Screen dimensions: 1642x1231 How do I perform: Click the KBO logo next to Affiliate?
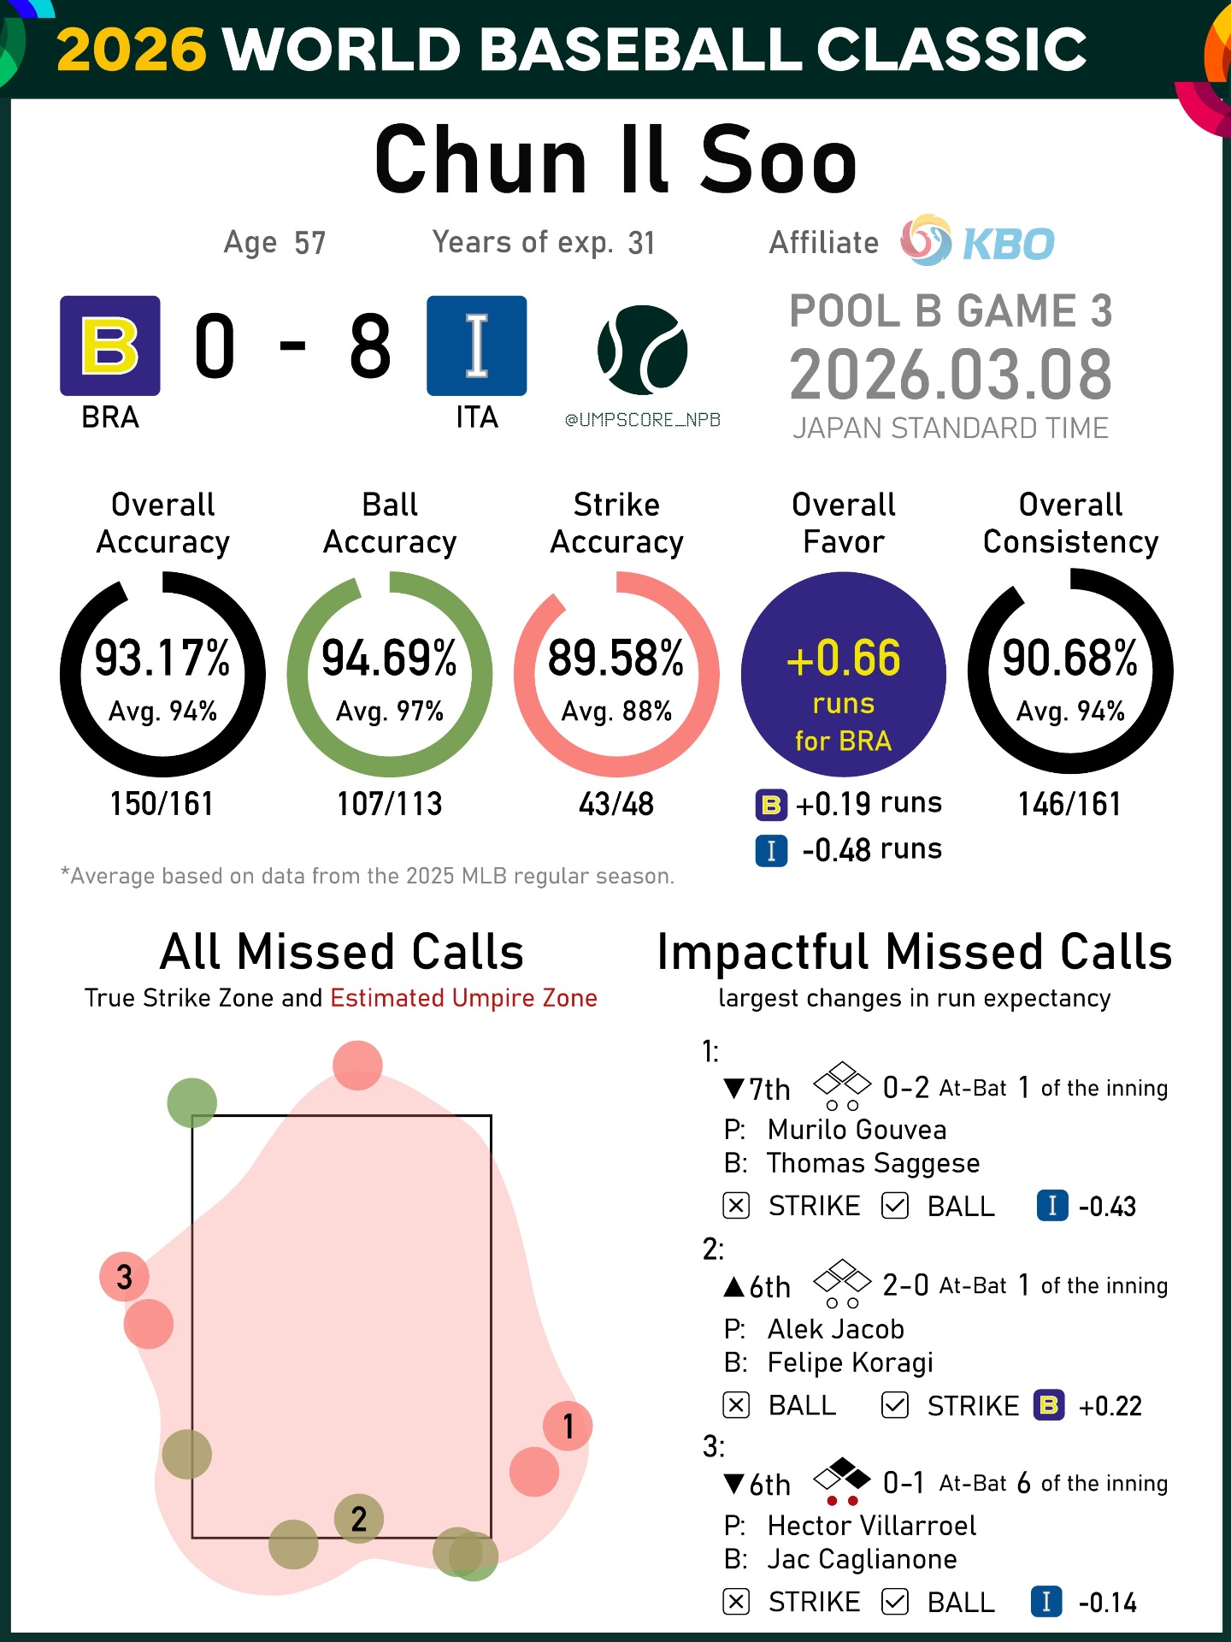pyautogui.click(x=978, y=242)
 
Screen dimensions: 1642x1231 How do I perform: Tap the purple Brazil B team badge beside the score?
pyautogui.click(x=109, y=346)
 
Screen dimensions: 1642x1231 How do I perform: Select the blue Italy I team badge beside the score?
pyautogui.click(x=476, y=346)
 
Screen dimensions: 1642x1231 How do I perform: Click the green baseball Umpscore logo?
pyautogui.click(x=642, y=350)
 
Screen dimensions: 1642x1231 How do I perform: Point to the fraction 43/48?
pyautogui.click(x=616, y=804)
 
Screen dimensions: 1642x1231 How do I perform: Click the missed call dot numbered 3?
pyautogui.click(x=125, y=1277)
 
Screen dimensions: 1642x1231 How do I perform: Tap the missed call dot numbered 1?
pyautogui.click(x=568, y=1426)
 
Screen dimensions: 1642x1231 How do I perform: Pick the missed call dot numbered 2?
pyautogui.click(x=359, y=1519)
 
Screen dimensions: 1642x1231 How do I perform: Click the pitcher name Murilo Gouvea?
pyautogui.click(x=857, y=1130)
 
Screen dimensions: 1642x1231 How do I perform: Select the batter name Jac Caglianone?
pyautogui.click(x=862, y=1559)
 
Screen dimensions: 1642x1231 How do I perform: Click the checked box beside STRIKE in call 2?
pyautogui.click(x=895, y=1405)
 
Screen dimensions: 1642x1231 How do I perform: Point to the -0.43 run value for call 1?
pyautogui.click(x=1107, y=1207)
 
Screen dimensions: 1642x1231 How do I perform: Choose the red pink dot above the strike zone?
pyautogui.click(x=357, y=1065)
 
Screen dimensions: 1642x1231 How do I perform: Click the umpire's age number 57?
pyautogui.click(x=309, y=243)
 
